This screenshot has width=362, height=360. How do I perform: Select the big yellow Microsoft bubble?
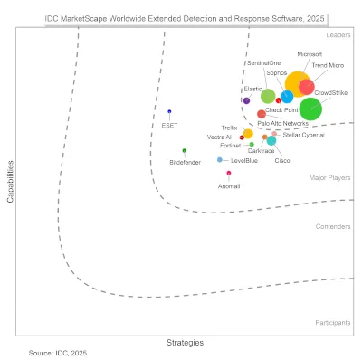click(x=297, y=91)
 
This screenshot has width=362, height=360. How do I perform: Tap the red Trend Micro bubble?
click(x=307, y=87)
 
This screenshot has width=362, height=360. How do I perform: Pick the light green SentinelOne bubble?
click(x=268, y=97)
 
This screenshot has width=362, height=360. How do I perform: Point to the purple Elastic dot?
click(x=246, y=100)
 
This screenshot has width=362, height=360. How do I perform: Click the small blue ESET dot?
click(x=169, y=112)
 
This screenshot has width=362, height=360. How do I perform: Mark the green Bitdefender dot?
click(x=185, y=150)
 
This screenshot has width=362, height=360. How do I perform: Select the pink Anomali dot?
click(x=229, y=173)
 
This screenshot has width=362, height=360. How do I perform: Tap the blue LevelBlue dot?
click(x=220, y=159)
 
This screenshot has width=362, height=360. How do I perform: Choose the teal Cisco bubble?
click(x=271, y=140)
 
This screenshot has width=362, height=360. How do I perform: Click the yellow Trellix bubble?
click(x=248, y=135)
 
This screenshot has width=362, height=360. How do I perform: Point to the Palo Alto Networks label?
click(x=282, y=123)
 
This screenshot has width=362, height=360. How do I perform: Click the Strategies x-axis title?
click(x=185, y=342)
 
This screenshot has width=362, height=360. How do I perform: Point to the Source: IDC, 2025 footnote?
click(x=59, y=352)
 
